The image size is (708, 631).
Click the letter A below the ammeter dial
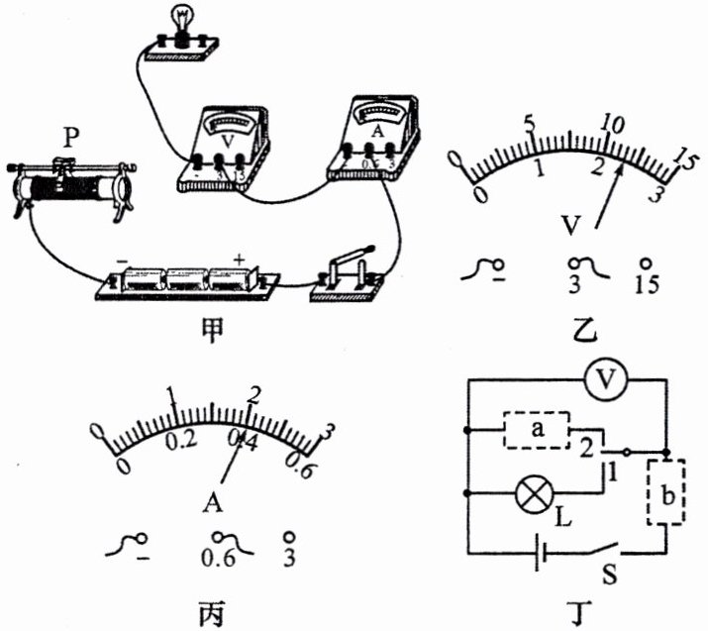212,504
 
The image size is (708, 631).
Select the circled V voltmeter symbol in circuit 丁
598,377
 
